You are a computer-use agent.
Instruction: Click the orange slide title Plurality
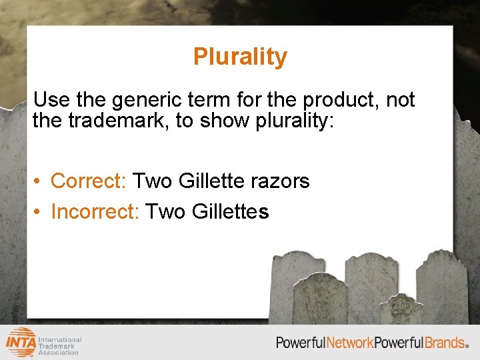pyautogui.click(x=240, y=57)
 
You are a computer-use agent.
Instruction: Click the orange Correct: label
pyautogui.click(x=89, y=181)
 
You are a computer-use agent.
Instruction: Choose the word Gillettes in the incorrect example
pyautogui.click(x=230, y=211)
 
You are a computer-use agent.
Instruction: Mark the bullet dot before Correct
pyautogui.click(x=39, y=181)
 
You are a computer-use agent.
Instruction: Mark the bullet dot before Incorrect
pyautogui.click(x=39, y=212)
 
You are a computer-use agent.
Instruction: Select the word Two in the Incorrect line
pyautogui.click(x=165, y=211)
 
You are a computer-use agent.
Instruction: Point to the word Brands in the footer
pyautogui.click(x=445, y=343)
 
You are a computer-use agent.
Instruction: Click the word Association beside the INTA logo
pyautogui.click(x=58, y=352)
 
